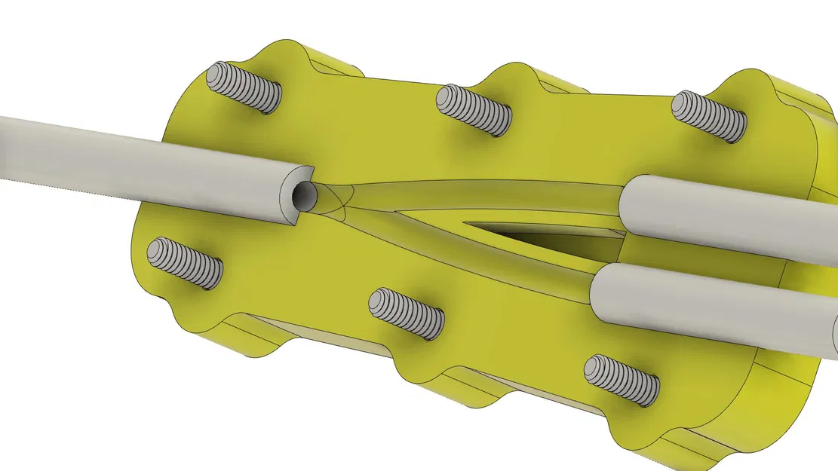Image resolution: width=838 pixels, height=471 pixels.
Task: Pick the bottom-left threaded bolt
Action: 185,262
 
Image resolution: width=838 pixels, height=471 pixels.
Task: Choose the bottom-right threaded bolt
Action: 622,379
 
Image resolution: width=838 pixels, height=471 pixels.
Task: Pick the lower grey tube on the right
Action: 709,301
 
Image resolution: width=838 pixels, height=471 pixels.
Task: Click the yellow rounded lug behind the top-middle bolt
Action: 520,79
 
